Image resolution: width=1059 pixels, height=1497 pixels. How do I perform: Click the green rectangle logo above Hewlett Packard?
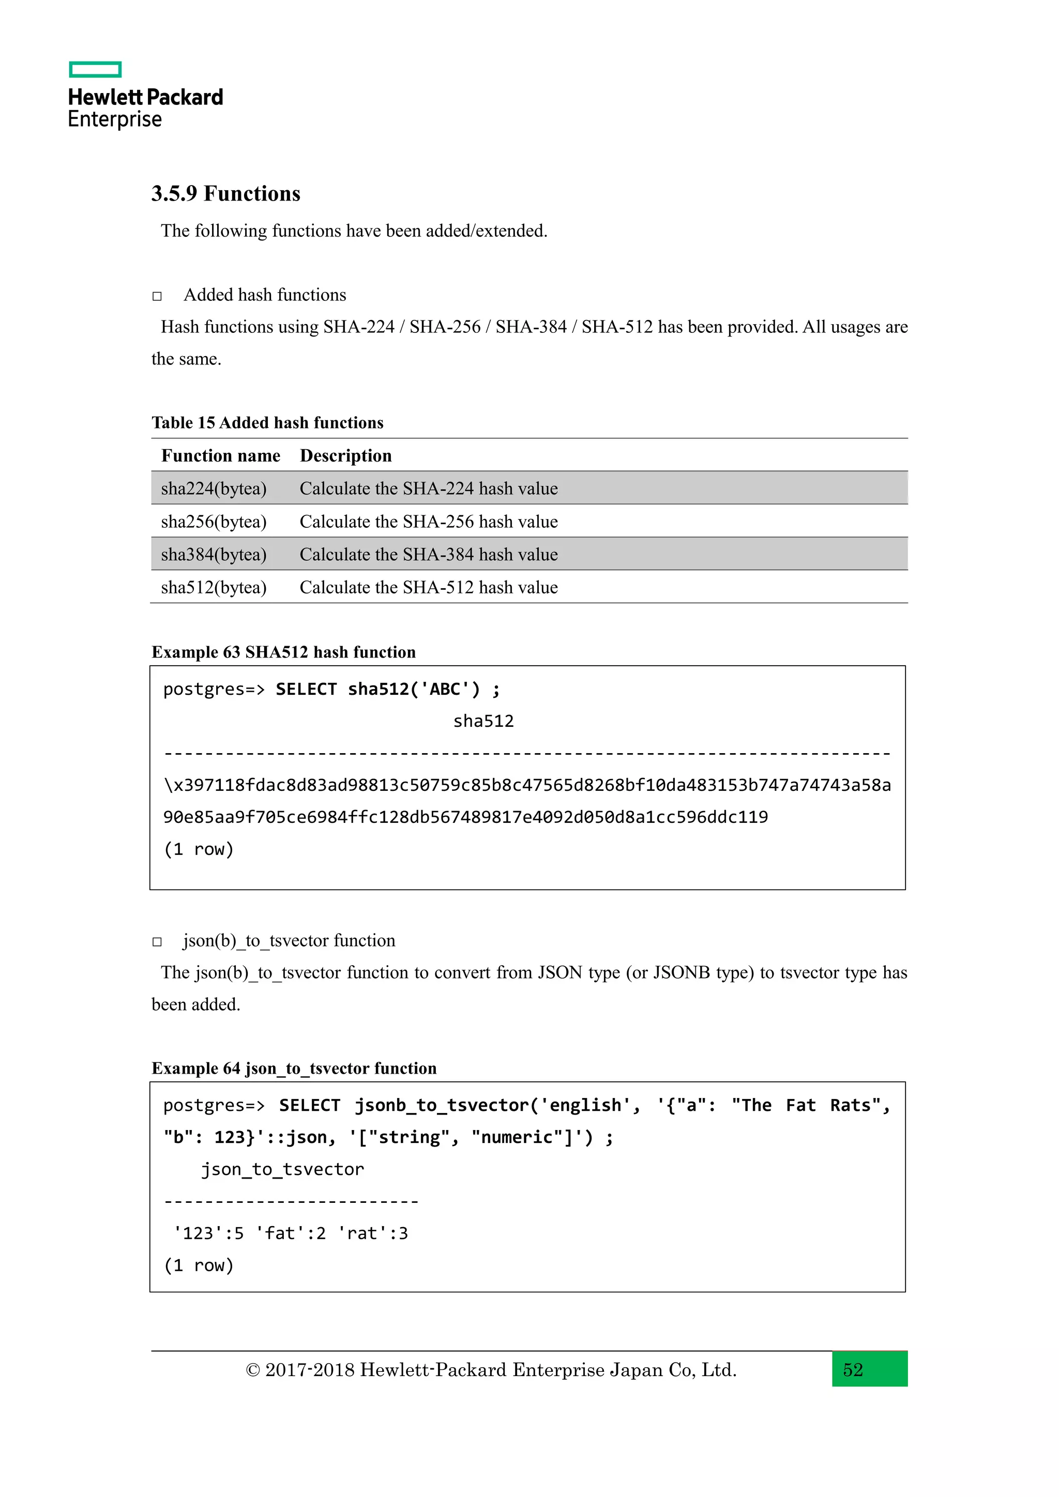(95, 70)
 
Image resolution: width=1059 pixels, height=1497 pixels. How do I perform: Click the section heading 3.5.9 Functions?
(225, 194)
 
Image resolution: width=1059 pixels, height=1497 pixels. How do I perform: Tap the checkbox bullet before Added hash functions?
(157, 296)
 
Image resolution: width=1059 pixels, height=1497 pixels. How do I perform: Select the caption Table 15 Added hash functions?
(267, 422)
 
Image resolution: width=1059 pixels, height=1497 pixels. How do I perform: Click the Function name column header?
(220, 456)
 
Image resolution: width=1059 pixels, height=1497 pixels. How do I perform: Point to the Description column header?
(345, 456)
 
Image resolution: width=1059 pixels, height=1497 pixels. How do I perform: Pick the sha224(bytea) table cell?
(214, 488)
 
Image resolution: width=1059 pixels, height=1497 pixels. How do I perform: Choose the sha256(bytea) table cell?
(214, 522)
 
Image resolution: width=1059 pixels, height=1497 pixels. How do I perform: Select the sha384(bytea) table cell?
(214, 554)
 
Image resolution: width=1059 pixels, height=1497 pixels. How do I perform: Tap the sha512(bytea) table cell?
(214, 587)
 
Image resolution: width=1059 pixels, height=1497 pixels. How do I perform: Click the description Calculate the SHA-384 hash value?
(429, 554)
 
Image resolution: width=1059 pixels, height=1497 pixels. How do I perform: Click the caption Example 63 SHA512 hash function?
(284, 652)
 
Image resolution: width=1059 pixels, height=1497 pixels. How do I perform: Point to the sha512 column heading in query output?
(483, 721)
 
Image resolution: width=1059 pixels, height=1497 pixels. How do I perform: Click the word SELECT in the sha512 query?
(306, 689)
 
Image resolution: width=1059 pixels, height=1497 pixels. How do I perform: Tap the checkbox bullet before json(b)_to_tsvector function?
(157, 941)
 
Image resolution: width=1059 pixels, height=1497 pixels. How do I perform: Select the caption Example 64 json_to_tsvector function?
(294, 1068)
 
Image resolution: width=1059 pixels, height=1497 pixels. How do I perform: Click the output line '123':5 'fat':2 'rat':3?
(290, 1233)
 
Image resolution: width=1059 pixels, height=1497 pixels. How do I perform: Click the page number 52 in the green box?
(853, 1370)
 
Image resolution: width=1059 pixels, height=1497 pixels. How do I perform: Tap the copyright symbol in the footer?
(253, 1370)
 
